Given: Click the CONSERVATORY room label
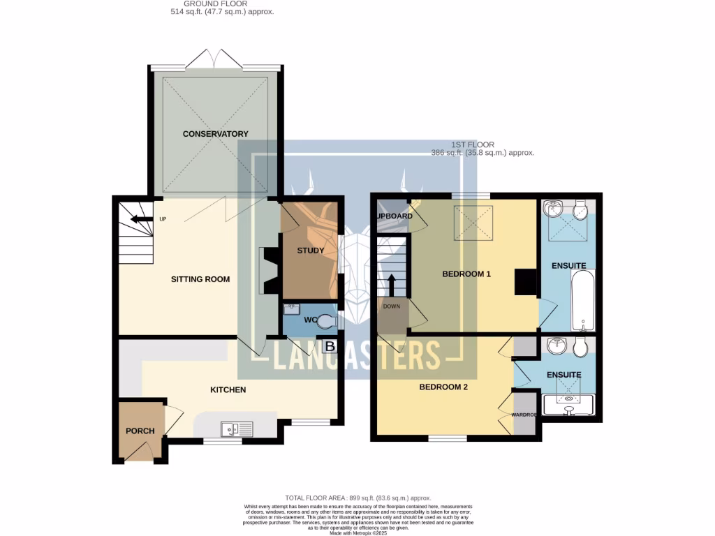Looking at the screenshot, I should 215,134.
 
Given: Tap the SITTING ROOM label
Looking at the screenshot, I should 200,279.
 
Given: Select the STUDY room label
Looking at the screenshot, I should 311,251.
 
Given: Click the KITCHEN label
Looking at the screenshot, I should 228,389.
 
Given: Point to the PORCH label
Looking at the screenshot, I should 140,431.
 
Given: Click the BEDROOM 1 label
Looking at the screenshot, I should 466,274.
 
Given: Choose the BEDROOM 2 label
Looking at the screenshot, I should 443,387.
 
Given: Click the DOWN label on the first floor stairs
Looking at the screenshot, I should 391,306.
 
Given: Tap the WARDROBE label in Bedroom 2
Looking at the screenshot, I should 524,415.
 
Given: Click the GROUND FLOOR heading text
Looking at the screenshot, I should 223,3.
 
